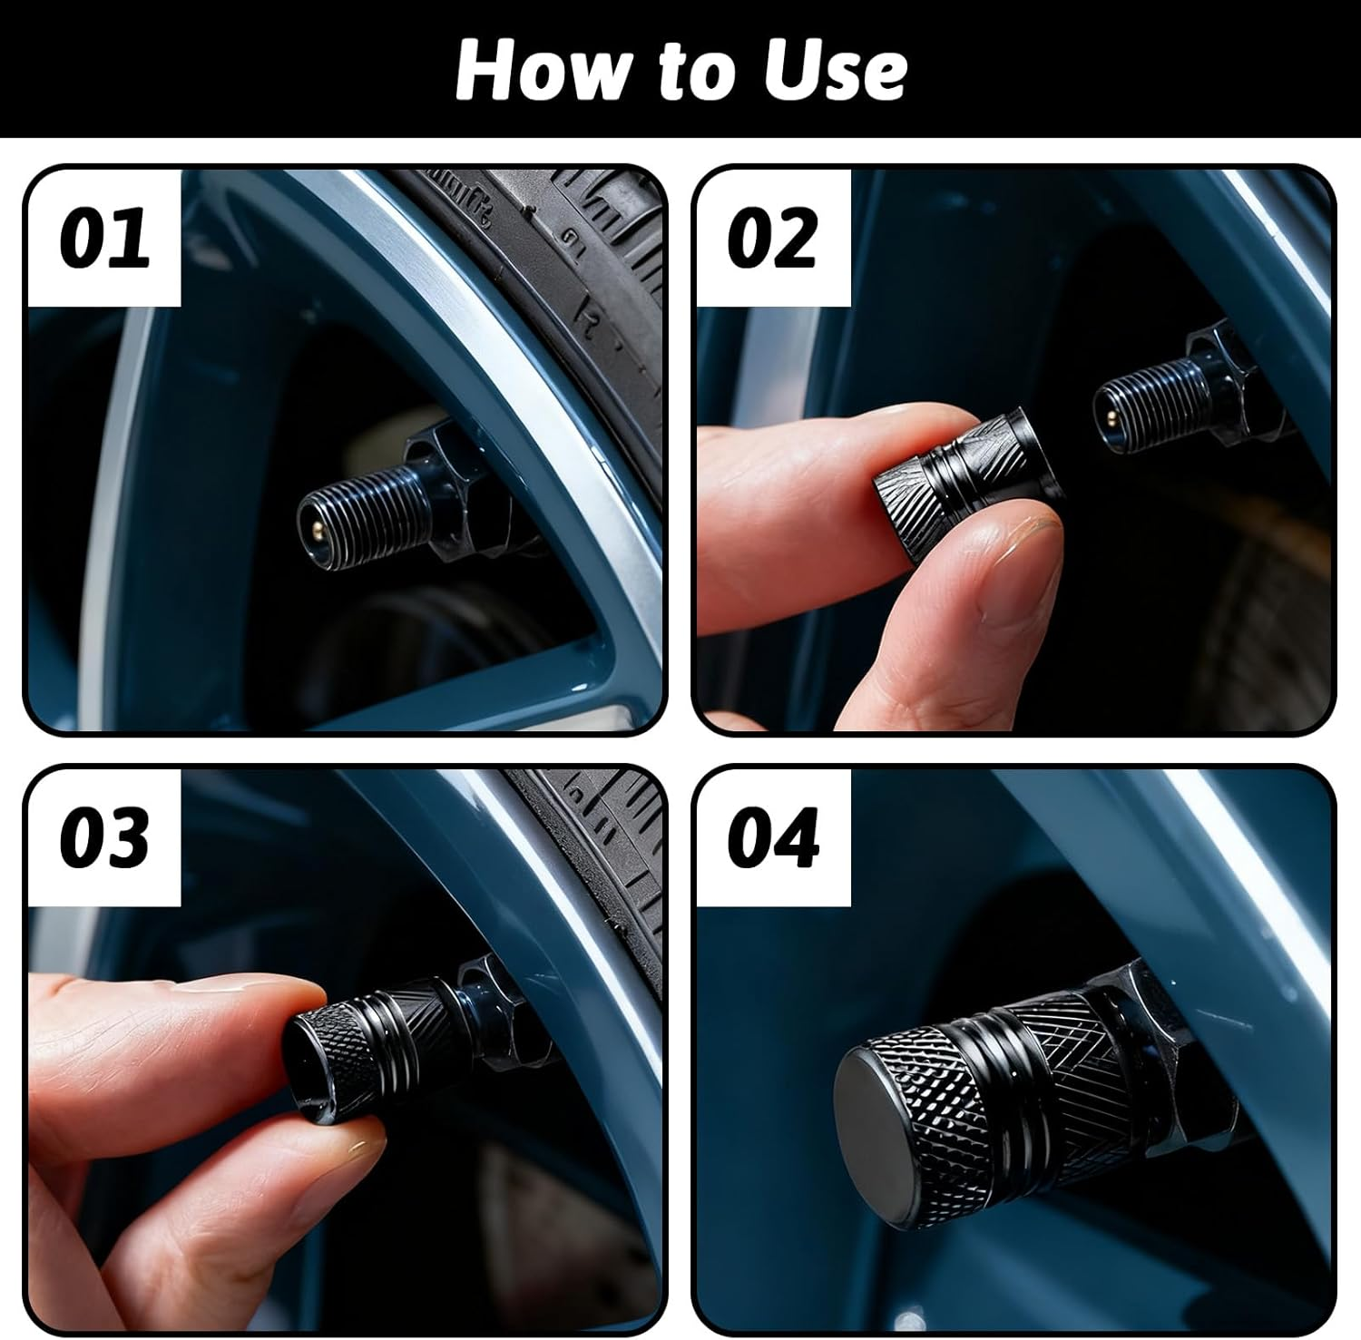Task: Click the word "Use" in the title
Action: pyautogui.click(x=834, y=70)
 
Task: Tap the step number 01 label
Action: pyautogui.click(x=104, y=238)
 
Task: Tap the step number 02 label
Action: pyautogui.click(x=772, y=238)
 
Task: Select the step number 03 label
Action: pyautogui.click(x=104, y=836)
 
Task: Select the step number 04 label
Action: pyautogui.click(x=772, y=836)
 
